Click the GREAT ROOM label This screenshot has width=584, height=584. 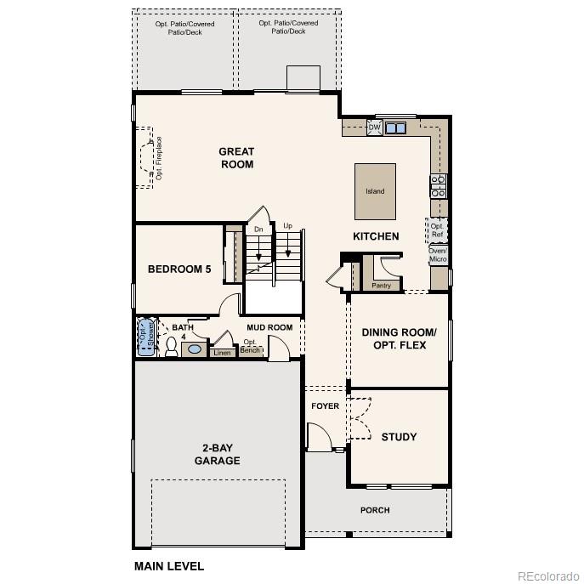point(237,158)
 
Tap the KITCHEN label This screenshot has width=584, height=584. point(376,236)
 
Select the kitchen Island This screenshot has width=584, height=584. point(375,191)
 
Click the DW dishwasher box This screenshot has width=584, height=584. point(374,128)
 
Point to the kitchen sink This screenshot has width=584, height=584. point(395,128)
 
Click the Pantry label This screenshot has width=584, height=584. point(382,286)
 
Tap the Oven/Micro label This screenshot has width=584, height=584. point(438,254)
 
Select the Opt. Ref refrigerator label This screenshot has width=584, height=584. point(437,230)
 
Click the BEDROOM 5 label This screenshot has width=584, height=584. point(179,269)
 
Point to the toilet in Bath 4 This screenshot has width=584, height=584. point(172,346)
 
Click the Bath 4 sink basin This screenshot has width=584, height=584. point(195,349)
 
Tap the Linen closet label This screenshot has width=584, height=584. point(222,353)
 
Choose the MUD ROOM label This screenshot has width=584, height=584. point(269,327)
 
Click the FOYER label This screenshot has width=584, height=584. point(325,406)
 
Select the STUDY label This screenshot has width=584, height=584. point(399,437)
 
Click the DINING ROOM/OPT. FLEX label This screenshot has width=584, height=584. point(399,339)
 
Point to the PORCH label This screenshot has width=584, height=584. point(375,510)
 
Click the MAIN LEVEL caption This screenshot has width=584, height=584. point(169,565)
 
